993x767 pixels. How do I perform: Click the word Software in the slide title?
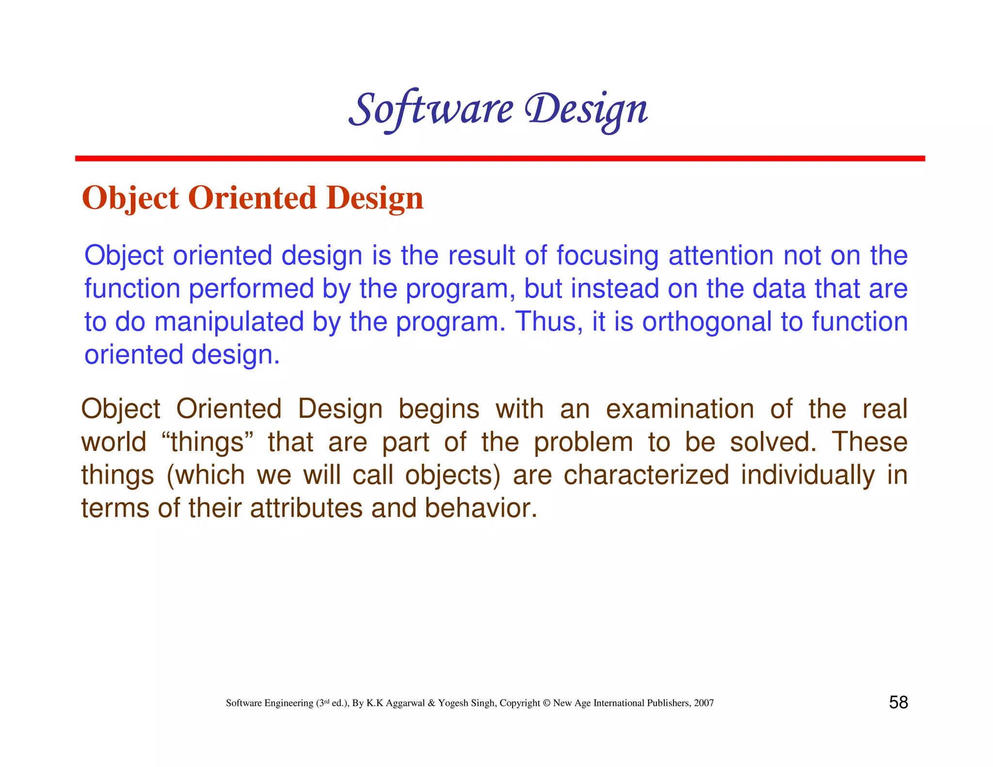(x=431, y=109)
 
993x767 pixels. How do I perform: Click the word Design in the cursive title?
(x=586, y=110)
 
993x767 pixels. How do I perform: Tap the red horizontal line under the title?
(x=499, y=159)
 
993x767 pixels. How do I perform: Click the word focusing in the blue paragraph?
(x=607, y=256)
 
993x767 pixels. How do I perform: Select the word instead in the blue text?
(x=614, y=288)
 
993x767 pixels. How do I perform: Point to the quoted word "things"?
(x=208, y=442)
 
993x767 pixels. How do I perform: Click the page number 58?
(x=898, y=703)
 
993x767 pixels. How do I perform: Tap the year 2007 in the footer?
(x=704, y=703)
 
